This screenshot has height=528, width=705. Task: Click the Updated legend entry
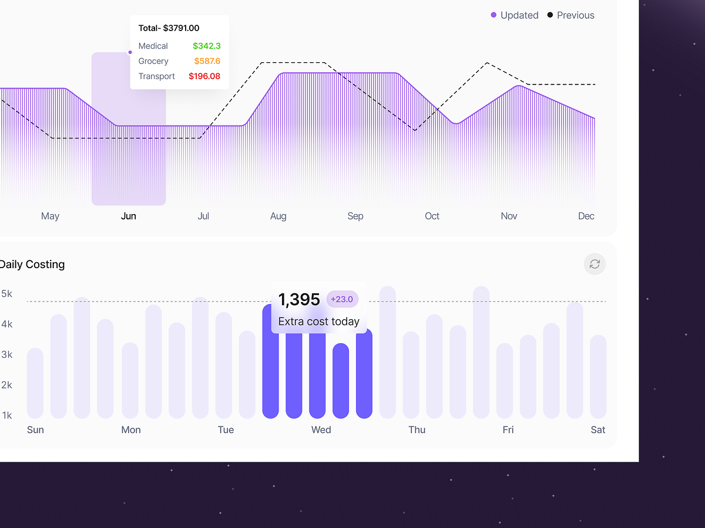[515, 15]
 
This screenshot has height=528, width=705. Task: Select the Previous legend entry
[571, 15]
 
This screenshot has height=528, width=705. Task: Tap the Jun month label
[129, 216]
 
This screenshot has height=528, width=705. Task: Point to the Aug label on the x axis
[278, 216]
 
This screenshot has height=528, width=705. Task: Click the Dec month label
[586, 216]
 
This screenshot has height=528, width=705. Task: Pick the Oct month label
[432, 216]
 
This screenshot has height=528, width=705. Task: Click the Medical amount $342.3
[206, 46]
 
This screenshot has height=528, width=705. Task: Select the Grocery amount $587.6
[207, 61]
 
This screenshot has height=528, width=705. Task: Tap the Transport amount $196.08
[204, 76]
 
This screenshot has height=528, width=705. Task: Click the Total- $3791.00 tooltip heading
[169, 28]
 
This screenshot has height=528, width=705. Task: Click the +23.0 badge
[342, 299]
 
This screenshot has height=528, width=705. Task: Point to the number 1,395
[299, 300]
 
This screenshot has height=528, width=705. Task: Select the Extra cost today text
[318, 321]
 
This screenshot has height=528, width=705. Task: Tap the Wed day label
[321, 430]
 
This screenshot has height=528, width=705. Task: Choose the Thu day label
[417, 430]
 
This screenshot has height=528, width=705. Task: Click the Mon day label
[131, 430]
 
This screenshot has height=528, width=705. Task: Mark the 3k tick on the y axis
[7, 354]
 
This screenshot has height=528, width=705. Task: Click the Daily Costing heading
[32, 265]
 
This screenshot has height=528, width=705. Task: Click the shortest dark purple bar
[341, 381]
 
